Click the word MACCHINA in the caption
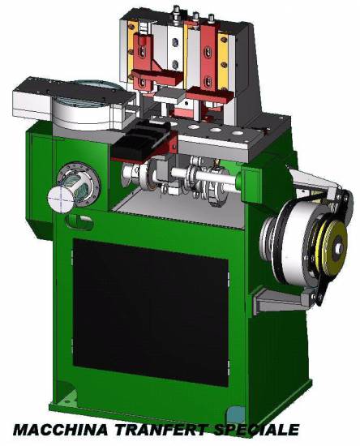tap(61, 430)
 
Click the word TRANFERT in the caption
tap(159, 430)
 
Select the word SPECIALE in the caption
tap(255, 430)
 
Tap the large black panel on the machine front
tap(151, 311)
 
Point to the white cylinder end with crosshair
tap(60, 199)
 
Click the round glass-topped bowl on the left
tap(84, 105)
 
